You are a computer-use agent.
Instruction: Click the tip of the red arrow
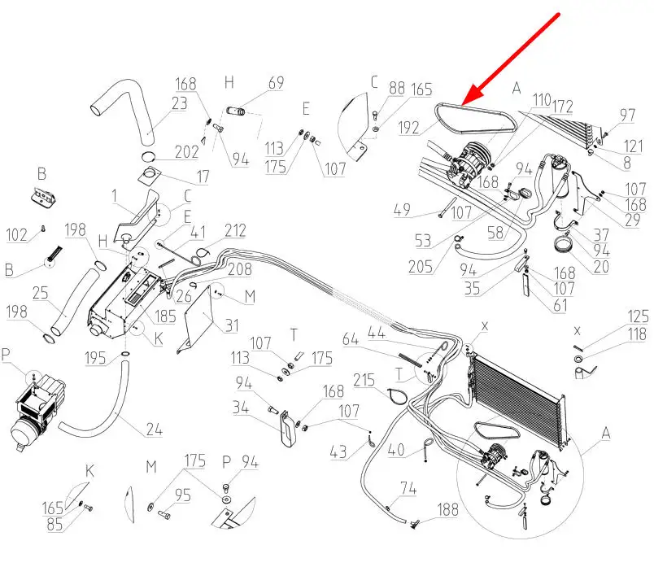(461, 105)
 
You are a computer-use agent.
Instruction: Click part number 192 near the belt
(411, 128)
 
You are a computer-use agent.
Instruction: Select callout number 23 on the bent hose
(180, 103)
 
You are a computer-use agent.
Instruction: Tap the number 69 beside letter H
(276, 83)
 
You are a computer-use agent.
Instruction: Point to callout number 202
(187, 152)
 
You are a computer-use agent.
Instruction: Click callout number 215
(364, 380)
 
